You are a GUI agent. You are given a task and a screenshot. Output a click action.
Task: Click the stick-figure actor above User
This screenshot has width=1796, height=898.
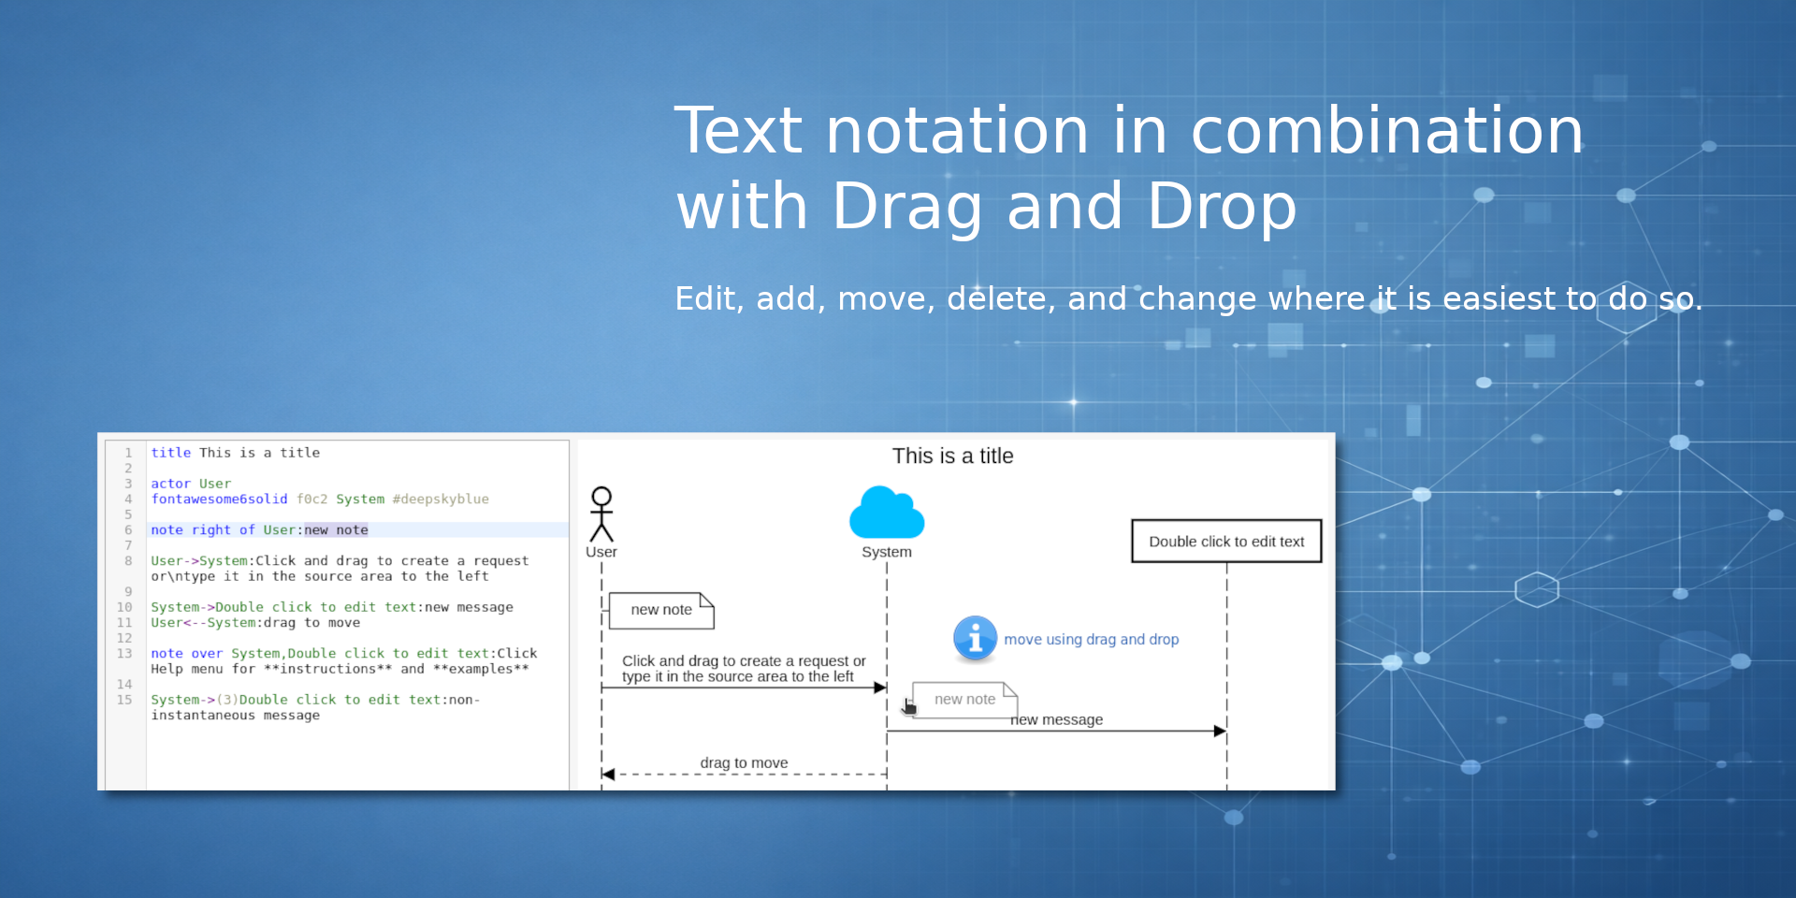click(601, 514)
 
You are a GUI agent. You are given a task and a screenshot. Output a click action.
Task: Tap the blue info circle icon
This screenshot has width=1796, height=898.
click(975, 639)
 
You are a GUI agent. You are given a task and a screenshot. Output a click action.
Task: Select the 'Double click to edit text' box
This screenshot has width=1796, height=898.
click(1226, 541)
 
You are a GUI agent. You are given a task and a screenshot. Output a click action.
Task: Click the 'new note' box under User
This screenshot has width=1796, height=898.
click(661, 610)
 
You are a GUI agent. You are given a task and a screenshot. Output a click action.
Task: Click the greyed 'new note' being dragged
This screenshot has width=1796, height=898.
click(964, 700)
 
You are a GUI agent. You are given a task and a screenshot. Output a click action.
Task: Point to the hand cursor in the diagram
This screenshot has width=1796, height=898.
click(908, 706)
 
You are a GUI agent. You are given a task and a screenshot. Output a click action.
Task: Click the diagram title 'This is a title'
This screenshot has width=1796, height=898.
click(952, 456)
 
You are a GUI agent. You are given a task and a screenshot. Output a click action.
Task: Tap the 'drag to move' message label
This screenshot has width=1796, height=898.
click(744, 762)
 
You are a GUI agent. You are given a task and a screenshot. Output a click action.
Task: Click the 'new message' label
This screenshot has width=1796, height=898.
click(1057, 719)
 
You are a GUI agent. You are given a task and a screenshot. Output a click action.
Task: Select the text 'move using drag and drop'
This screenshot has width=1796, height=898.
click(1091, 640)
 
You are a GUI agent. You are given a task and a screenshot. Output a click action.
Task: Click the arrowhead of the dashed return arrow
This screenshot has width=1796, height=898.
click(608, 775)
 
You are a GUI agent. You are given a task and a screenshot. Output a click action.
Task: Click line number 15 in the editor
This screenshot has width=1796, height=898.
click(124, 700)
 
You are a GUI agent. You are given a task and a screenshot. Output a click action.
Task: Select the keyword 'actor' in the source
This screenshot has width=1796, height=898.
click(171, 484)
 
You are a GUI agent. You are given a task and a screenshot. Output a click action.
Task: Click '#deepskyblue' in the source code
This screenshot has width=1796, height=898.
click(441, 500)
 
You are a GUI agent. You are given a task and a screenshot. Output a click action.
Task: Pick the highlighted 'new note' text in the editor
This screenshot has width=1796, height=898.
click(336, 530)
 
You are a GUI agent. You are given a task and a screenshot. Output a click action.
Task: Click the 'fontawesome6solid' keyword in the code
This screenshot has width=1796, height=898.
click(219, 500)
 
